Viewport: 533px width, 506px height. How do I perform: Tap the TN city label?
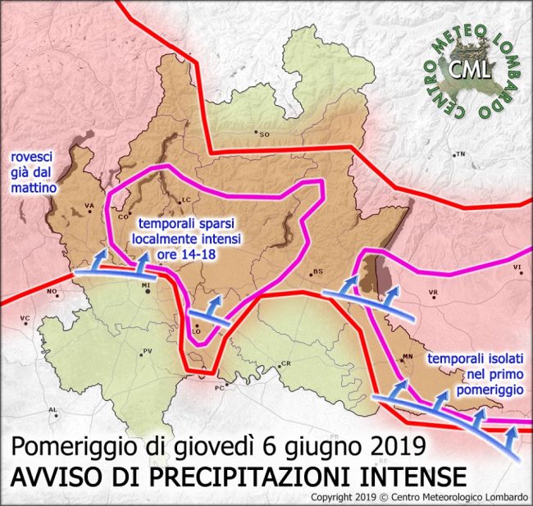460,153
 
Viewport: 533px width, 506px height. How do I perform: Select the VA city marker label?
89,206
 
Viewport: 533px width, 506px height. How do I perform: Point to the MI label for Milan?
147,285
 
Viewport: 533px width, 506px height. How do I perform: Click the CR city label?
286,363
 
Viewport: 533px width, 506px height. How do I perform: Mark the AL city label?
54,409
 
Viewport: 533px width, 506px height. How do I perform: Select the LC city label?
185,199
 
